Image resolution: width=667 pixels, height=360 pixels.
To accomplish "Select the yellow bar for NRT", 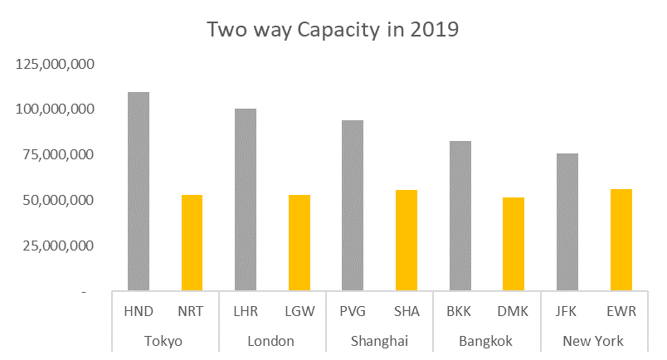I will click(x=192, y=243).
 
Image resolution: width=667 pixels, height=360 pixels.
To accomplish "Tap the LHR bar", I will click(x=246, y=200).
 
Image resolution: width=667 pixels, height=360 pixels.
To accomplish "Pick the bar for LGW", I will click(x=299, y=243).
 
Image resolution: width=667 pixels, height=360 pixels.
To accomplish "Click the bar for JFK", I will click(x=567, y=222).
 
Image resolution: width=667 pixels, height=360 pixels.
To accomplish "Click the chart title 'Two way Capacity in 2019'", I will click(x=333, y=30).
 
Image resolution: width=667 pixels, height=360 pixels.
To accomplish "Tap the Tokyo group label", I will click(x=163, y=341).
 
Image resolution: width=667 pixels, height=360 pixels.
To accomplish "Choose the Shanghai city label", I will click(x=379, y=341).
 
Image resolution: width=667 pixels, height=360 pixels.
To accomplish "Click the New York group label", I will click(x=593, y=341).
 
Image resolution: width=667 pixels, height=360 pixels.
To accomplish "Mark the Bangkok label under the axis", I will click(x=486, y=341).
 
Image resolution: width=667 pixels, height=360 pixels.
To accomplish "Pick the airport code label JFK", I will click(x=567, y=312).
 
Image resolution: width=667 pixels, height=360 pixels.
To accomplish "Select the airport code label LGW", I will click(x=299, y=312).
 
